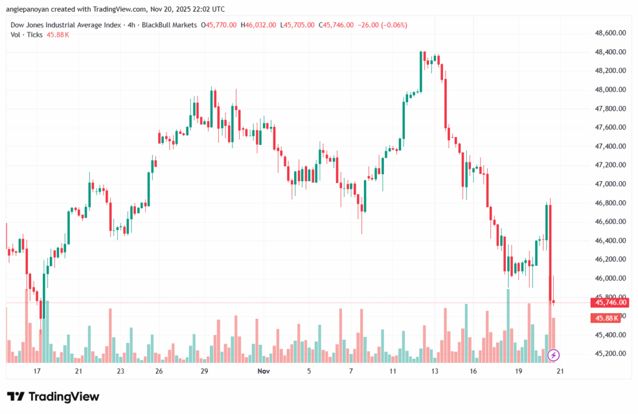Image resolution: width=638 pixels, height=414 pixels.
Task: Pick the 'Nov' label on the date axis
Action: pos(264,371)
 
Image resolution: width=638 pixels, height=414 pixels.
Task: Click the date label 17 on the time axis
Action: pos(37,371)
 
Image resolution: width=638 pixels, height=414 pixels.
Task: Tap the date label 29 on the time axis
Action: pos(204,371)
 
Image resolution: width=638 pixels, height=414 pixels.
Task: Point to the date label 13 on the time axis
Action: pos(434,371)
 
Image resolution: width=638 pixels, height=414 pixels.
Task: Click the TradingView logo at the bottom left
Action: pos(53,397)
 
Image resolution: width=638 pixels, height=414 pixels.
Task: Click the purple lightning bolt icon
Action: pos(554,355)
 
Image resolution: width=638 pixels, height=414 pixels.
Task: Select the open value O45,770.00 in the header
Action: pos(218,25)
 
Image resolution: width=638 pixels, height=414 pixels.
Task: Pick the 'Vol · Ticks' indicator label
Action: pos(27,35)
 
